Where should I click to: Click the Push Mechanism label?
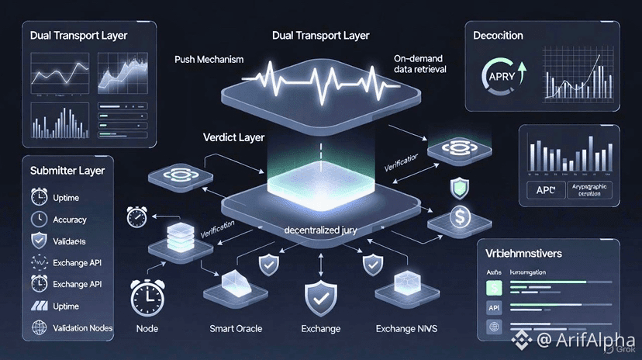(x=209, y=60)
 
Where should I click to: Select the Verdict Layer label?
(x=233, y=137)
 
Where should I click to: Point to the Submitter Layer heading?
(x=67, y=171)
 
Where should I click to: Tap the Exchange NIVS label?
(x=406, y=328)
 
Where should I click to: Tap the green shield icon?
(x=459, y=186)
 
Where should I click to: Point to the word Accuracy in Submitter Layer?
(x=70, y=220)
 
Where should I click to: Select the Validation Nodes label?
(x=83, y=328)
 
